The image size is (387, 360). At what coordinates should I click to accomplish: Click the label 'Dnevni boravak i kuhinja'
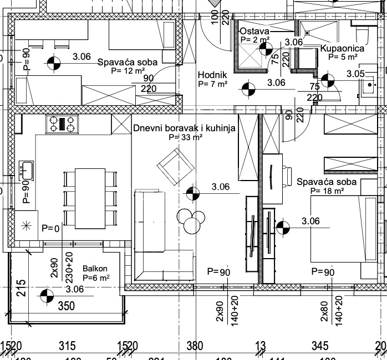184,128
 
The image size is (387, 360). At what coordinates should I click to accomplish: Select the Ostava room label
254,32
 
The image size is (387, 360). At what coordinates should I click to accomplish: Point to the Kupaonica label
342,48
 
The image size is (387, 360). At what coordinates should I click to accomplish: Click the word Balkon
95,269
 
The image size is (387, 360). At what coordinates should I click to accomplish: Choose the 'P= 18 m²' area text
327,191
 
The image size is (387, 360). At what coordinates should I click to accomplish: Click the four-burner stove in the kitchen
63,124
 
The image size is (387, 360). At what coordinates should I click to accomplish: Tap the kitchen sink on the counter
26,169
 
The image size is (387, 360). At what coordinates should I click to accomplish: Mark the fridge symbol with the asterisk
26,226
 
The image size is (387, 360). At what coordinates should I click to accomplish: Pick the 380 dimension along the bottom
195,347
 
